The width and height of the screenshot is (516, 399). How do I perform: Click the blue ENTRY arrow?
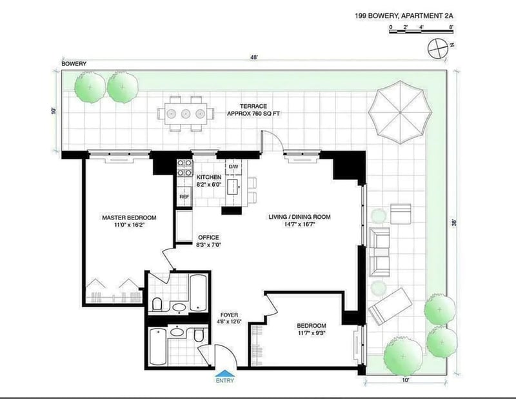(224, 373)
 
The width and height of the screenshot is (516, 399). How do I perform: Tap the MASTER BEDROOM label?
(129, 218)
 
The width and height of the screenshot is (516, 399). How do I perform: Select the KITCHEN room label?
(209, 178)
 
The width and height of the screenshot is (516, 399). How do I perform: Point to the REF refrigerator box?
(184, 197)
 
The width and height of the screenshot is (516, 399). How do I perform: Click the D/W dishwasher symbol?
(233, 167)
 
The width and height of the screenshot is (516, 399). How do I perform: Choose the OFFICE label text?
(208, 238)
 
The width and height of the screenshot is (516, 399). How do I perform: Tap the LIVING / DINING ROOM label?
(299, 217)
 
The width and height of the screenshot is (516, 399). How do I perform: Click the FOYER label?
(230, 315)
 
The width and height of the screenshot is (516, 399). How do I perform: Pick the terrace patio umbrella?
(400, 112)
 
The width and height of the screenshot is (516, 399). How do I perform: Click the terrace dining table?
(186, 114)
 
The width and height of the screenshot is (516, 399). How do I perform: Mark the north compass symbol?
(438, 48)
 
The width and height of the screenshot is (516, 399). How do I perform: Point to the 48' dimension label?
(254, 57)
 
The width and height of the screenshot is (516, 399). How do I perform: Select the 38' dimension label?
(455, 223)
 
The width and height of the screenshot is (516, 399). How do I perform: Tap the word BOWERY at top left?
(74, 63)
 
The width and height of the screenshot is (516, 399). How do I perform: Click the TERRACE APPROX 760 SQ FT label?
(253, 110)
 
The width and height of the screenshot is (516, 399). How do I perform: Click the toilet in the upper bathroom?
(157, 304)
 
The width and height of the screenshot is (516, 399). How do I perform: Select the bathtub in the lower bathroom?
(158, 346)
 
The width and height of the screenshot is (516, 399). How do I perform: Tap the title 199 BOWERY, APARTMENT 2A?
(404, 15)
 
